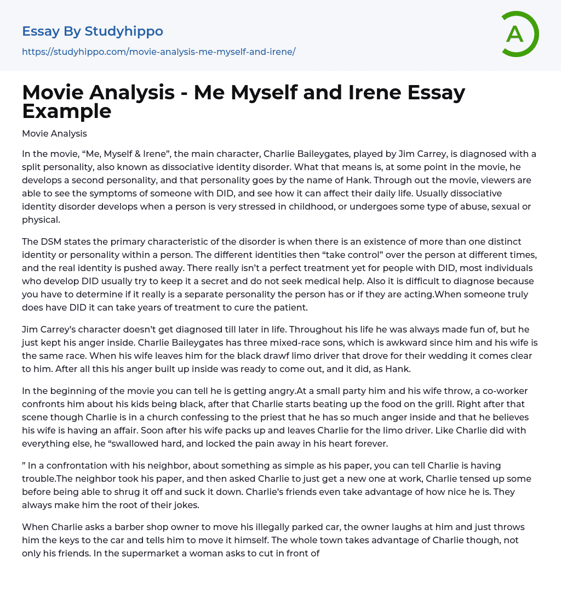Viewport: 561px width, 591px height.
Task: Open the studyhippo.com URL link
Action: point(158,52)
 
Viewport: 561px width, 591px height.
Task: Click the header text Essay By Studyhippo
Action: point(93,31)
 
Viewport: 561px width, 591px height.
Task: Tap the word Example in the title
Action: point(67,111)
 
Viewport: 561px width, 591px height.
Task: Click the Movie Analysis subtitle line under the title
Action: point(54,133)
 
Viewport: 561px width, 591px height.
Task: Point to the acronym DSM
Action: point(50,242)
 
